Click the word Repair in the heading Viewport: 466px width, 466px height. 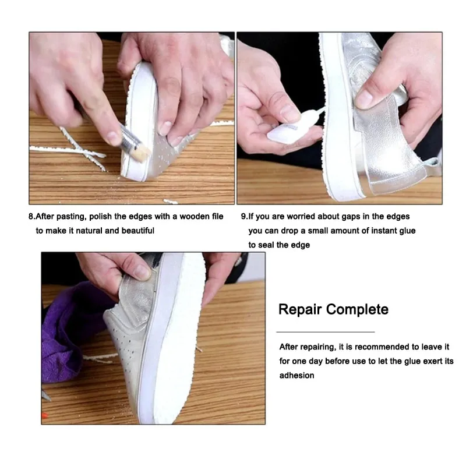(x=301, y=309)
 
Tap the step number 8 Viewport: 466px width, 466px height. (x=31, y=217)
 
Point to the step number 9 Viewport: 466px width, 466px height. (x=243, y=217)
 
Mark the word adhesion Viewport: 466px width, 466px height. (x=296, y=376)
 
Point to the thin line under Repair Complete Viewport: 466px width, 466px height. (x=325, y=331)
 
